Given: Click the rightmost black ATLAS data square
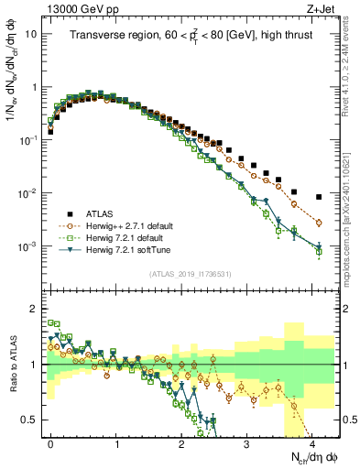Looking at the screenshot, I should tap(319, 197).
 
